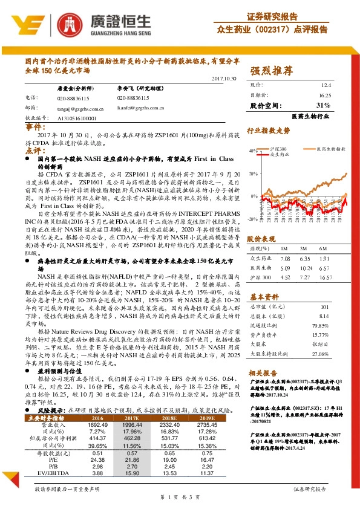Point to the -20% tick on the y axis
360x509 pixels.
(252, 219)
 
